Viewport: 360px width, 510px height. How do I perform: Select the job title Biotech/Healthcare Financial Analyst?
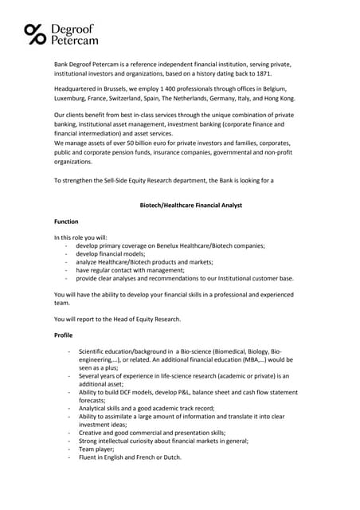pos(179,205)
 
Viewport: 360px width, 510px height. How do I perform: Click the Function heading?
pos(66,221)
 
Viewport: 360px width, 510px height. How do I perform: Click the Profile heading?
pos(63,335)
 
